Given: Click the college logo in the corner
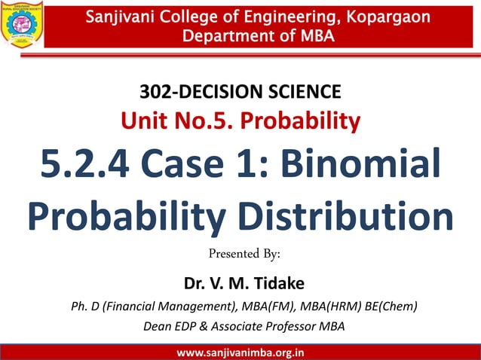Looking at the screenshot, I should click(x=21, y=24).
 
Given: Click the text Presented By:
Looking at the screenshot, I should click(x=240, y=254).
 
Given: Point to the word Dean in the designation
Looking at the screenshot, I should click(x=157, y=326).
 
